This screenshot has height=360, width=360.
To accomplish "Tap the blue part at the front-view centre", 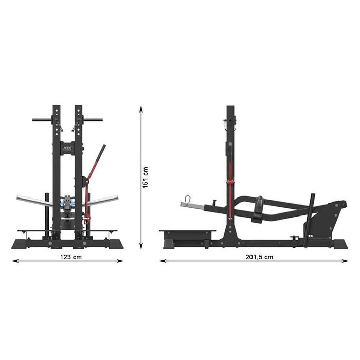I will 67,203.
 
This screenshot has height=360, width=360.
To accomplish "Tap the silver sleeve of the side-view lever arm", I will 191,206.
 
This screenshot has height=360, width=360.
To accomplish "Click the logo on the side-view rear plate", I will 311,238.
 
